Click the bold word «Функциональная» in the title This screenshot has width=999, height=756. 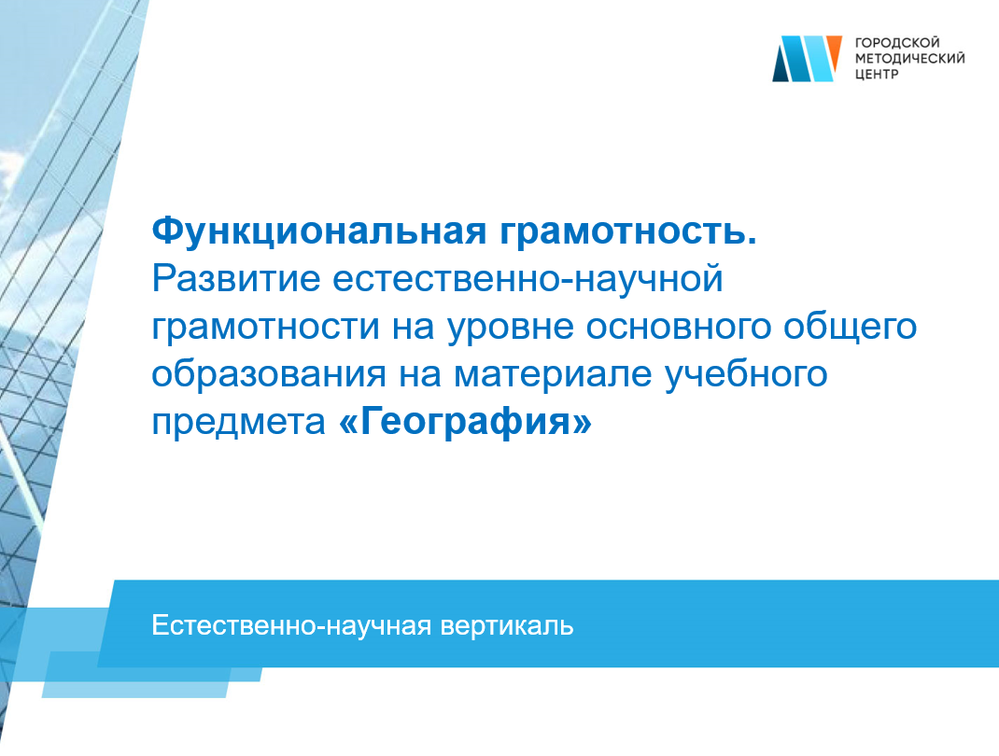[319, 231]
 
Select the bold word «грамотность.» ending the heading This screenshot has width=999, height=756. [628, 231]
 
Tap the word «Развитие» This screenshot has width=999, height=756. [235, 278]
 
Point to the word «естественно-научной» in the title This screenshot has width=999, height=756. [528, 278]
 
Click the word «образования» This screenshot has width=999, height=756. [269, 374]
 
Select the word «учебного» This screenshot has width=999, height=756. [746, 374]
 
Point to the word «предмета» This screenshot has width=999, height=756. [238, 422]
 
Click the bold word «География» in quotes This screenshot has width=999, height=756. [466, 422]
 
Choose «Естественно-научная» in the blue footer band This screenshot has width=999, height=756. [291, 625]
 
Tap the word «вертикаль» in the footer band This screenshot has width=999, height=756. [507, 626]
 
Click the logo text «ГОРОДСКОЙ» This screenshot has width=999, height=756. [897, 43]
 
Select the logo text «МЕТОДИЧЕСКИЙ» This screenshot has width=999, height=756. [909, 59]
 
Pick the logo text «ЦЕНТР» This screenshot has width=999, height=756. [877, 75]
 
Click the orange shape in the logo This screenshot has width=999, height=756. [834, 52]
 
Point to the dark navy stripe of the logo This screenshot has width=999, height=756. [781, 64]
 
